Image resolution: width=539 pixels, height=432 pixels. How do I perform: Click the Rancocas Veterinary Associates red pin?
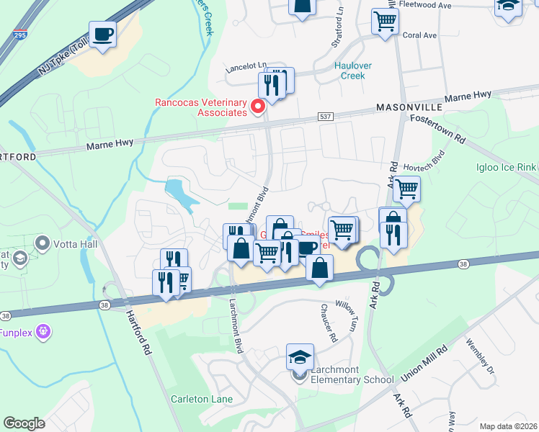pyautogui.click(x=257, y=107)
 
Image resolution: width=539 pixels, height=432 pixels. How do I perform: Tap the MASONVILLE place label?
pyautogui.click(x=406, y=107)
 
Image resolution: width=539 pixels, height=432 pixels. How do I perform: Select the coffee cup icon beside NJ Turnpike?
pyautogui.click(x=103, y=34)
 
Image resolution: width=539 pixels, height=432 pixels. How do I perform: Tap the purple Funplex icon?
pyautogui.click(x=43, y=331)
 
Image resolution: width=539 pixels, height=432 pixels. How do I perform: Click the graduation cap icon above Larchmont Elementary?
pyautogui.click(x=300, y=356)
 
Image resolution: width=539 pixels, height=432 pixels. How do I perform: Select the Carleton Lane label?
pyautogui.click(x=200, y=398)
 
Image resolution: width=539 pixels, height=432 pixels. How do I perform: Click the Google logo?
pyautogui.click(x=24, y=423)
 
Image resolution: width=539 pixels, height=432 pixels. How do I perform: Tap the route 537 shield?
pyautogui.click(x=324, y=116)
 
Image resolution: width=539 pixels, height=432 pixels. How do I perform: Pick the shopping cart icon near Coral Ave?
pyautogui.click(x=385, y=21)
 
